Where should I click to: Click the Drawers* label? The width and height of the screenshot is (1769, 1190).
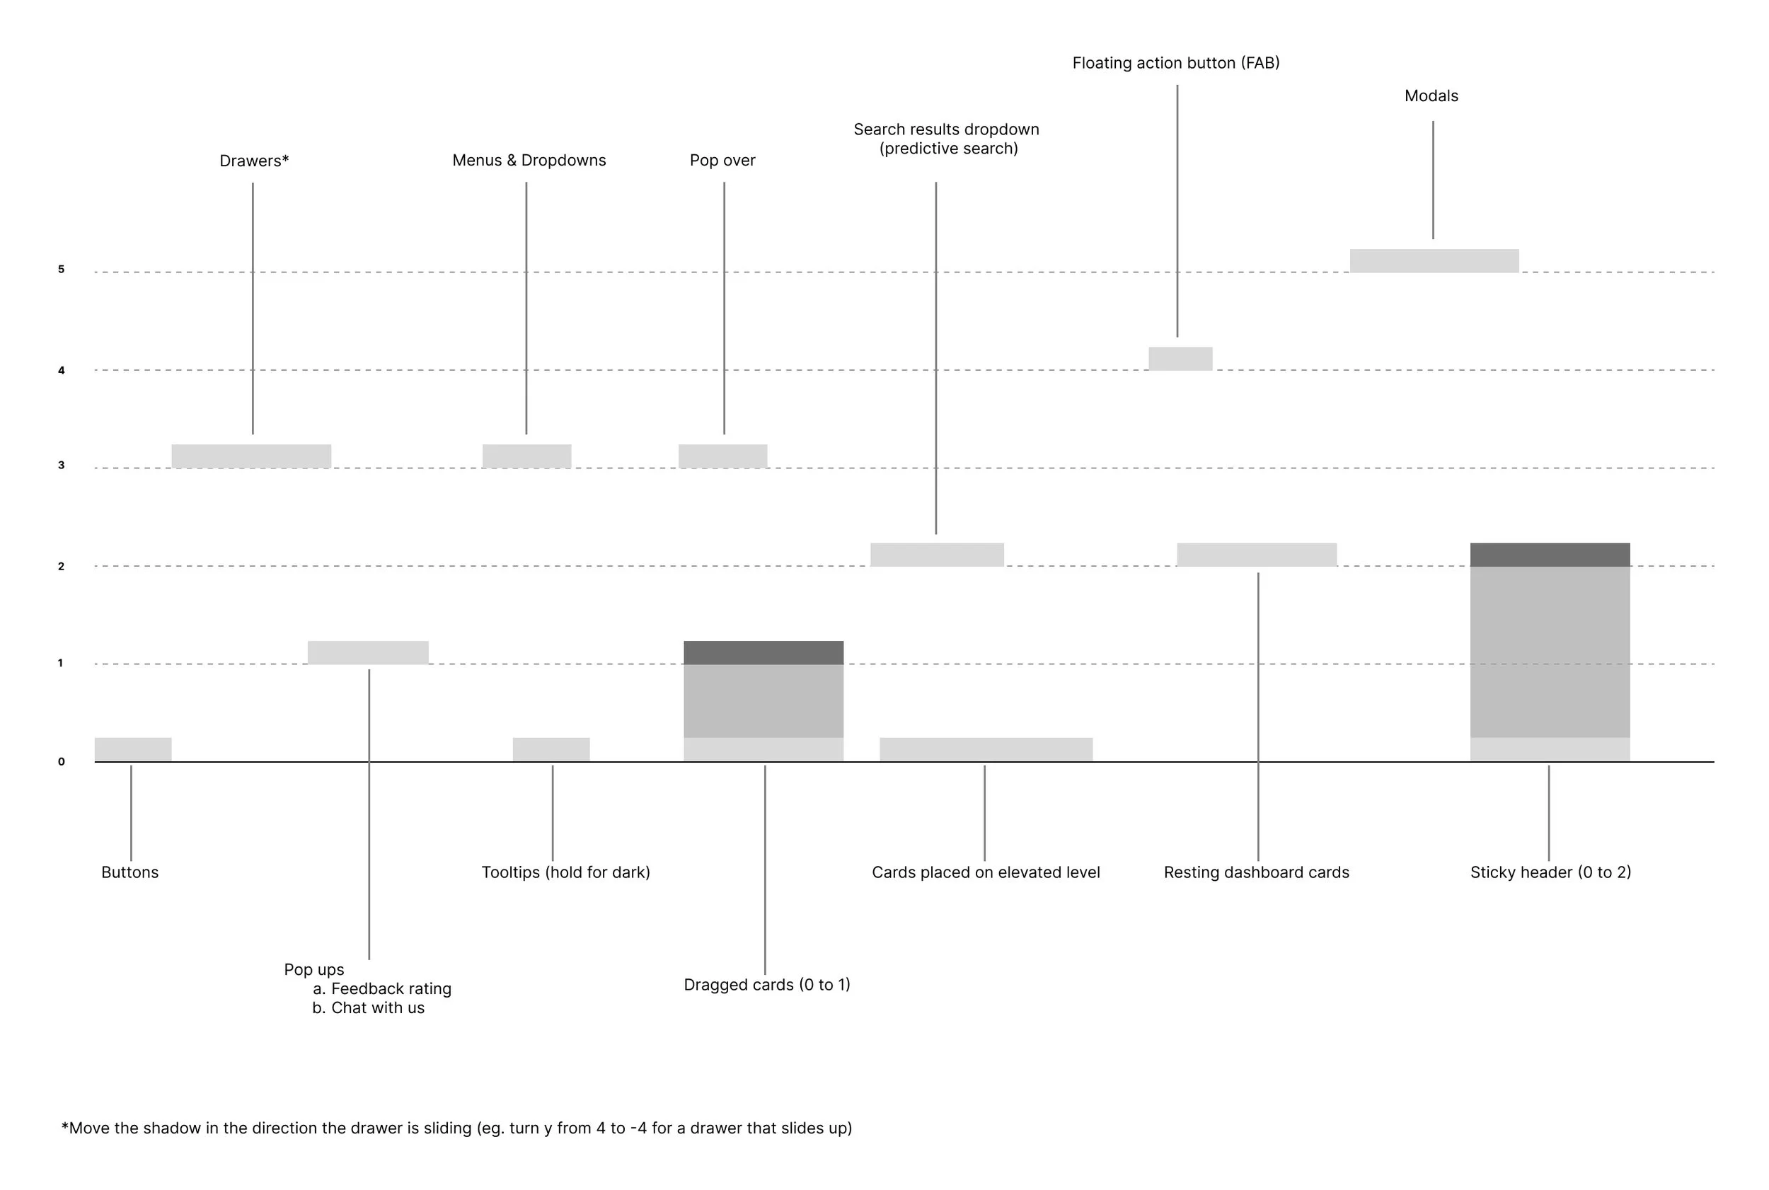[x=253, y=161]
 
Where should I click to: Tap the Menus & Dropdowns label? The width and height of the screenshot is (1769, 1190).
[x=529, y=160]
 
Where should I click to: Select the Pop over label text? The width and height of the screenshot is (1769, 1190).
[x=722, y=160]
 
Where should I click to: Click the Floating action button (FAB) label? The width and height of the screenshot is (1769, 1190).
[x=1175, y=63]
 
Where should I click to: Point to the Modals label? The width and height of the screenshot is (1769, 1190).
[x=1431, y=96]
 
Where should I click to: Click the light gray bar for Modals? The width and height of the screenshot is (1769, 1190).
[x=1434, y=260]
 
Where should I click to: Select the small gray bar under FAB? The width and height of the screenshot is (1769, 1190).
[x=1180, y=358]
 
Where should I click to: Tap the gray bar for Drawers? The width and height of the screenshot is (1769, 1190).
[x=251, y=456]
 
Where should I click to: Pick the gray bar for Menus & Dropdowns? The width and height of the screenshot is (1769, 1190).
[x=526, y=456]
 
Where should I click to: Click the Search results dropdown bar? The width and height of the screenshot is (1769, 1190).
[x=936, y=554]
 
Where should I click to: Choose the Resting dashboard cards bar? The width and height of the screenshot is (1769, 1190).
[x=1256, y=554]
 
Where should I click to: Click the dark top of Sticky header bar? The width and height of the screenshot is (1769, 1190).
[x=1550, y=554]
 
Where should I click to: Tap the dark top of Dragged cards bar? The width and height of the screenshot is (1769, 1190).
[x=764, y=652]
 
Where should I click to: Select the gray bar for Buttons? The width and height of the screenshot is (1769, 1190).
[x=133, y=749]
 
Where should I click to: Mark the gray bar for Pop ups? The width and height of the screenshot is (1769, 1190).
[x=368, y=652]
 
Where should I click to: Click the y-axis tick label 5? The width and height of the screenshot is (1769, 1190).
[x=62, y=270]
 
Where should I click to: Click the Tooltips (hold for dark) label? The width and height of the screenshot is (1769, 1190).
[x=565, y=872]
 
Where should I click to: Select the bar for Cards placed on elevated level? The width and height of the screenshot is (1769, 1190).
[x=986, y=749]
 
